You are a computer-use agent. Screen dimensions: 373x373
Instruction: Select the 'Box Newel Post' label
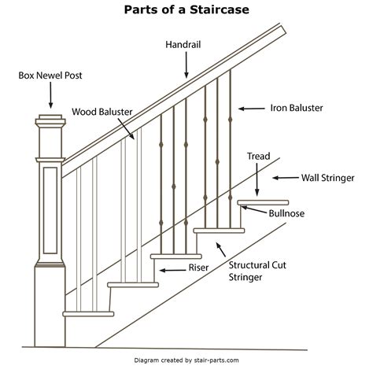point(50,76)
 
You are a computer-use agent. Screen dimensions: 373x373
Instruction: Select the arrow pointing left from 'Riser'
point(167,270)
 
